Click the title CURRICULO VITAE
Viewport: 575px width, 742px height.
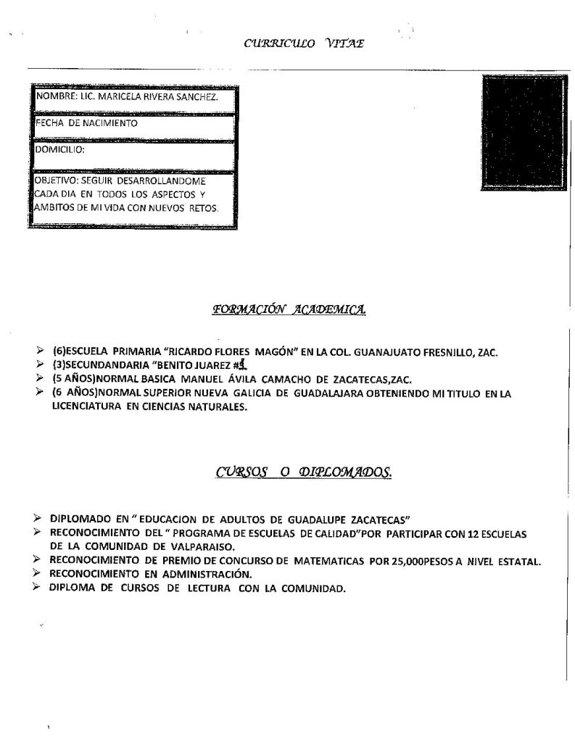(304, 43)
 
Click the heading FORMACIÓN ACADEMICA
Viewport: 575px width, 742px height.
(289, 310)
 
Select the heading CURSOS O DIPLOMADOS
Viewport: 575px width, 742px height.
(305, 473)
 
